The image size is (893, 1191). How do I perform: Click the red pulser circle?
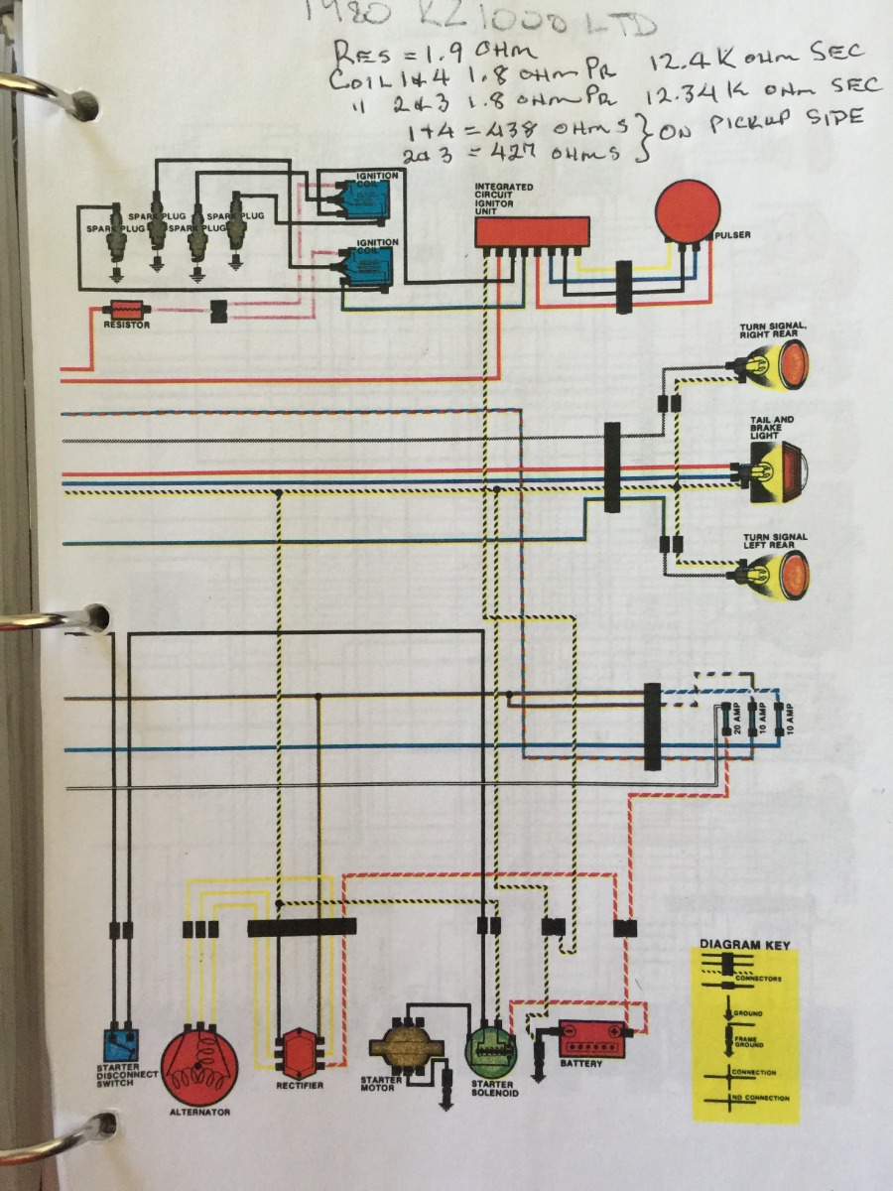688,211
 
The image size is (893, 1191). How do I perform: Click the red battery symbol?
593,1039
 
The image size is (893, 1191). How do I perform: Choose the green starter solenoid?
491,1049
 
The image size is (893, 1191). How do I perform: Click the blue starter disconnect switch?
122,1046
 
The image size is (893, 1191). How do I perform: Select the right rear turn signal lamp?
779,365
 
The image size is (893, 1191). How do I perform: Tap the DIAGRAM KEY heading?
745,945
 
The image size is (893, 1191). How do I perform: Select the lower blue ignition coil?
368,265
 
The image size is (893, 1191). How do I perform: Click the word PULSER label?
735,235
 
